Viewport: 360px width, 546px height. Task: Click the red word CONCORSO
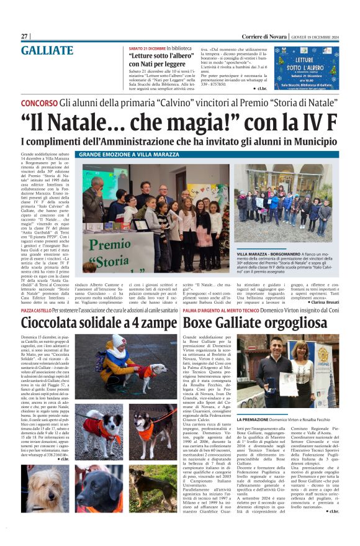point(40,102)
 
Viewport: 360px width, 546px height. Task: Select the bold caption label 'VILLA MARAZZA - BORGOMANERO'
point(268,255)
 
